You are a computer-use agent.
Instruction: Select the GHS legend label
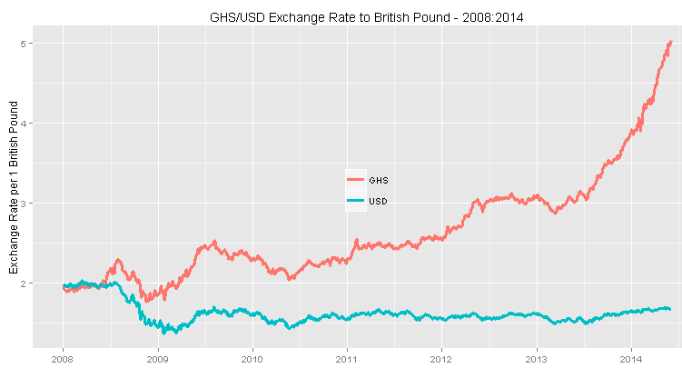point(379,180)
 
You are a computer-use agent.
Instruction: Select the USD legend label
point(379,201)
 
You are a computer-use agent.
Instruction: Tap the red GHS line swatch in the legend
point(356,180)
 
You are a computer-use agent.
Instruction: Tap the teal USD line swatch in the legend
point(356,201)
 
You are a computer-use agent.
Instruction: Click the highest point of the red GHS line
point(670,42)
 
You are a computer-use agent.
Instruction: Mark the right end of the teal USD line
point(670,309)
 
